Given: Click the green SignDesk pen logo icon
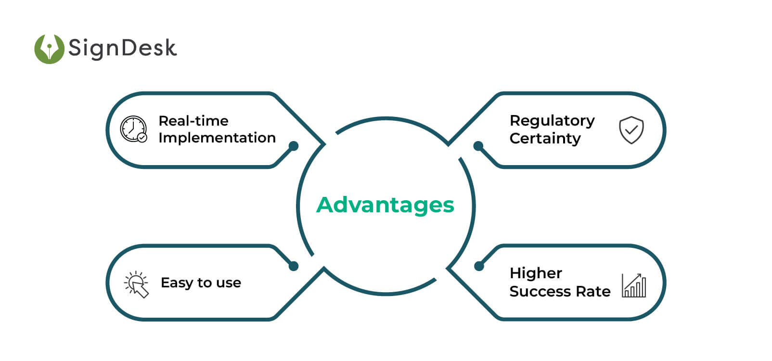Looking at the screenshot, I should (49, 49).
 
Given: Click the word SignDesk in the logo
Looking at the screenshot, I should (122, 48).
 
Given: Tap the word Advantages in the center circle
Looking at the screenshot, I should (385, 205).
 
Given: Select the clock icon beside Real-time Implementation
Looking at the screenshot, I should (133, 129).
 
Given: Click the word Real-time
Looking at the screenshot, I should (193, 120).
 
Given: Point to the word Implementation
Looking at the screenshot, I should (217, 138).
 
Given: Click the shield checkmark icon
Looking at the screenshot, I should (631, 130).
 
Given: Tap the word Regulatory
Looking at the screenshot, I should (552, 120).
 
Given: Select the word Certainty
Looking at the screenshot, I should (545, 139).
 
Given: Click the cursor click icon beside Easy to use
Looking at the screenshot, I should (137, 284).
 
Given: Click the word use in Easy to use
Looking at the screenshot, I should (229, 283).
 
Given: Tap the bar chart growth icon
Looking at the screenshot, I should (634, 286).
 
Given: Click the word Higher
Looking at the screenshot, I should (536, 273).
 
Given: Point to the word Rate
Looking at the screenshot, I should (595, 292).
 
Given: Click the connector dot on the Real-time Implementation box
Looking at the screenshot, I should (294, 146).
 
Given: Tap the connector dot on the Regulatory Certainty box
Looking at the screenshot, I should (478, 146).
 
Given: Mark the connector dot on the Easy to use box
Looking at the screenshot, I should (294, 266).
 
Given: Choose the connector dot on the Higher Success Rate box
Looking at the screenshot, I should (479, 266).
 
